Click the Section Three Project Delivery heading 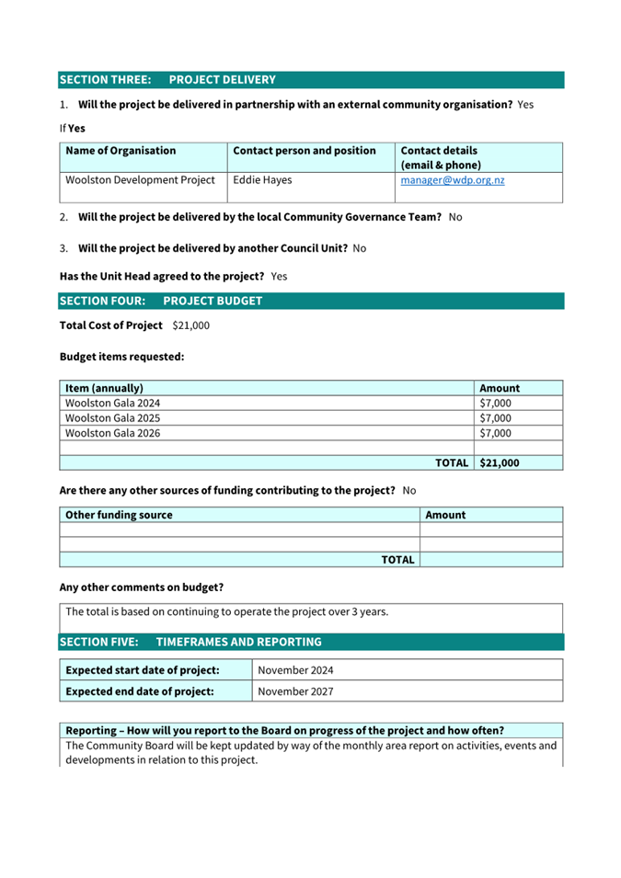[x=167, y=80]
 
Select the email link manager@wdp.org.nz [x=453, y=180]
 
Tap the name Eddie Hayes [x=262, y=180]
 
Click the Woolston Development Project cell [x=140, y=180]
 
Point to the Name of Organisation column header [x=121, y=151]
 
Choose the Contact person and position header [x=305, y=151]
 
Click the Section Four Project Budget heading [x=161, y=301]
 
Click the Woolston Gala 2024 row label [x=107, y=403]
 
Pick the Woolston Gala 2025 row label [x=107, y=417]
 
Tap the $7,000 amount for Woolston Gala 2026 [x=496, y=433]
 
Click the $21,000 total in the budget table [x=500, y=463]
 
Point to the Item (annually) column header [x=104, y=388]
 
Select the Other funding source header [x=119, y=515]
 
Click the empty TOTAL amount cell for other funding [x=490, y=560]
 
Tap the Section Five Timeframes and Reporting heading [x=190, y=642]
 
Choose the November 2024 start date [x=295, y=670]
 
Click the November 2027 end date [x=295, y=691]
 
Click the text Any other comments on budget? [x=142, y=587]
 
